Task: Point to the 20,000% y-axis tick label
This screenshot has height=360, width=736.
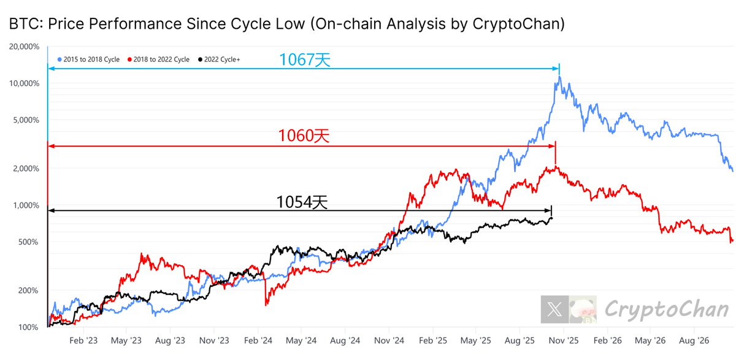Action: [x=25, y=47]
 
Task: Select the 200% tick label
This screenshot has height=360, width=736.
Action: [x=29, y=291]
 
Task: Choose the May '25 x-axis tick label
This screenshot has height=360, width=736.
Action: [x=476, y=340]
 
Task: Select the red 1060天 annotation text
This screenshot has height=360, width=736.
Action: [x=304, y=136]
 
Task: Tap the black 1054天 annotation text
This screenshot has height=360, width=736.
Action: [x=302, y=202]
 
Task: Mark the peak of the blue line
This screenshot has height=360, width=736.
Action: [x=559, y=78]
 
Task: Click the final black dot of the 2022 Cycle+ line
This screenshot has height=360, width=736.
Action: [x=551, y=218]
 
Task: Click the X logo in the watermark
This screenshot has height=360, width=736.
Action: [x=554, y=310]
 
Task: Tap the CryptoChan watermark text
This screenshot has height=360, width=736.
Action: [x=667, y=310]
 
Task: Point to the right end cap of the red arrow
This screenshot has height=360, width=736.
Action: [x=555, y=146]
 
